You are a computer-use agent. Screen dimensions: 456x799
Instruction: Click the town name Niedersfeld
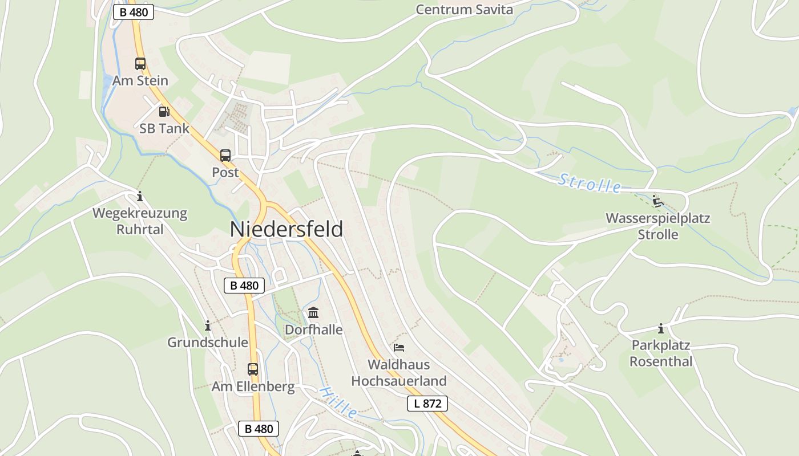[x=286, y=229]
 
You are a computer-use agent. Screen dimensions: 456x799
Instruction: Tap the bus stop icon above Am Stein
[x=140, y=63]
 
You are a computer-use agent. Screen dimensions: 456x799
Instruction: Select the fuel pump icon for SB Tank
[x=164, y=111]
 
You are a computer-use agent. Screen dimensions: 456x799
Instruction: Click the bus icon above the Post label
[x=225, y=155]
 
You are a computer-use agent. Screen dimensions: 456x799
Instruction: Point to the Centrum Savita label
[x=464, y=10]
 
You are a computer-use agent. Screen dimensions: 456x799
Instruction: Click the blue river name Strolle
[x=590, y=184]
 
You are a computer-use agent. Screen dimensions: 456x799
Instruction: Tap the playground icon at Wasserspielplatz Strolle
[x=657, y=201]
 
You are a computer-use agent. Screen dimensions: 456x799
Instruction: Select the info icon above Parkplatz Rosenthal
[x=661, y=329]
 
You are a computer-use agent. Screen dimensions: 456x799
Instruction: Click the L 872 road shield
[x=427, y=404]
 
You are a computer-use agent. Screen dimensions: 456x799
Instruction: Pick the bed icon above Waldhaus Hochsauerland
[x=399, y=347]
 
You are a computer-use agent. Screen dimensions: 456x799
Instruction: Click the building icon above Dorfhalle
[x=313, y=312]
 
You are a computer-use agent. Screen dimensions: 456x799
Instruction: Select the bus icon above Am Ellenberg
[x=253, y=369]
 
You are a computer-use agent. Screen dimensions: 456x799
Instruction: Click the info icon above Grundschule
[x=208, y=325]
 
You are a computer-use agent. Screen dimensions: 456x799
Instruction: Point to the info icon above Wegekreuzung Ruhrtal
[x=140, y=197]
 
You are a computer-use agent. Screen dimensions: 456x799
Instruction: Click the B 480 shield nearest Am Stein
[x=134, y=12]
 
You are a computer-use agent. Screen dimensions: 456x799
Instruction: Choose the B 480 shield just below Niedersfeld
[x=245, y=286]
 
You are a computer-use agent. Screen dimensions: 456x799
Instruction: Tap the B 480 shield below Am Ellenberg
[x=259, y=429]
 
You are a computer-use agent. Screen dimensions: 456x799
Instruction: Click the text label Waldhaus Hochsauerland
[x=399, y=372]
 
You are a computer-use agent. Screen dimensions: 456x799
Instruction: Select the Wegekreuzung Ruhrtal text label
[x=140, y=221]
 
